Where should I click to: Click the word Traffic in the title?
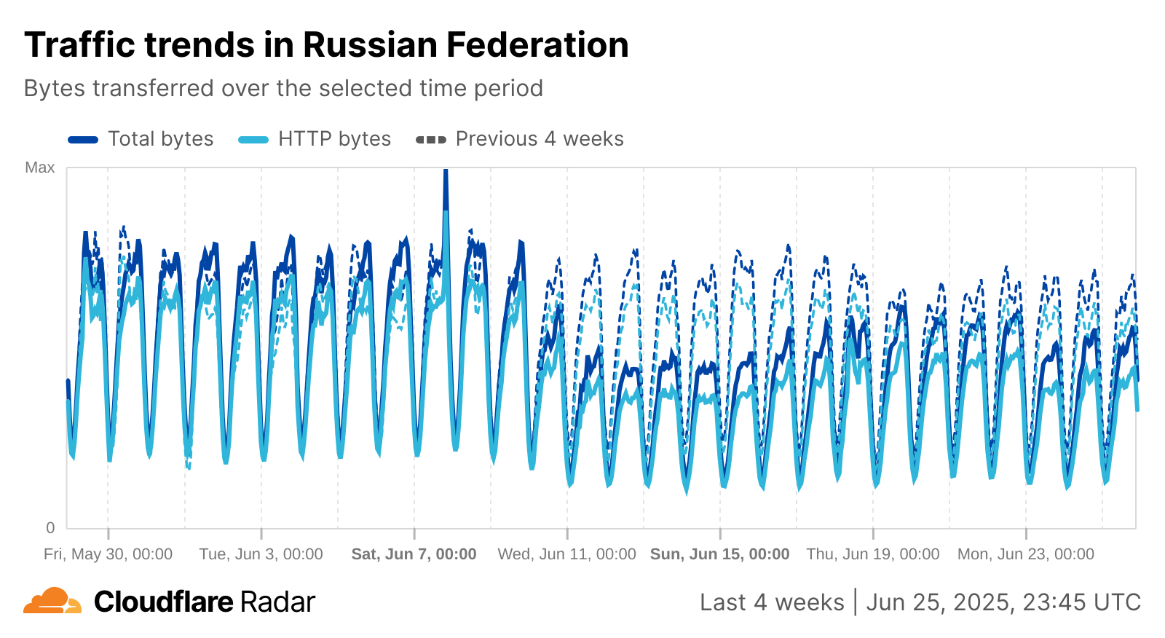[x=80, y=45]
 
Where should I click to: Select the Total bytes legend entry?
[x=160, y=139]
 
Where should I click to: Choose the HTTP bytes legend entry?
[x=334, y=139]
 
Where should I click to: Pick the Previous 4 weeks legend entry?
[x=539, y=139]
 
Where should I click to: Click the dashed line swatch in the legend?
[x=431, y=140]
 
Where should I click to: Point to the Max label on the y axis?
[x=39, y=168]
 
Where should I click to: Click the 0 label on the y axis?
[x=50, y=527]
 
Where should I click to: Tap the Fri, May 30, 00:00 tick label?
[x=108, y=554]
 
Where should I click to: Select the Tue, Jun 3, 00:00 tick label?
[x=261, y=554]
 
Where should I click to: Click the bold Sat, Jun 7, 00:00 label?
[x=414, y=554]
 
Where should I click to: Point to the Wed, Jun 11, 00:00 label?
[x=566, y=554]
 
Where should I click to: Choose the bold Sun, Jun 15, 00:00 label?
[x=719, y=554]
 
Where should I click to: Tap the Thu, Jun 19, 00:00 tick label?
[x=872, y=554]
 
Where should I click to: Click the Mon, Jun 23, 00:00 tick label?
[x=1025, y=554]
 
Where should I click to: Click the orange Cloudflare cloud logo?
[x=52, y=602]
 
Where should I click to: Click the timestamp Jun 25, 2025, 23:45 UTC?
[x=1003, y=602]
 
